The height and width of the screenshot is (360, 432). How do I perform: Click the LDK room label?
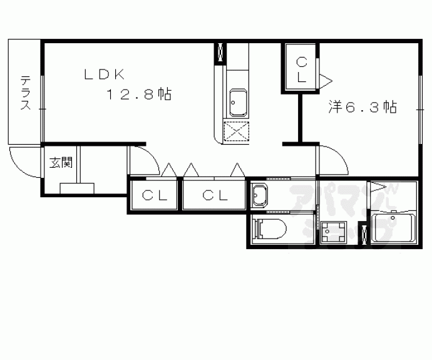(104, 75)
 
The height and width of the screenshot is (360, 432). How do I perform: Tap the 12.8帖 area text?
(139, 94)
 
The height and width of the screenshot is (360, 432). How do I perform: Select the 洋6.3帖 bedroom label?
(363, 107)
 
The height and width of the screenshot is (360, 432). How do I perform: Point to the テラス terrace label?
(25, 93)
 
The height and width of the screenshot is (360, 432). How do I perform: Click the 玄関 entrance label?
(61, 163)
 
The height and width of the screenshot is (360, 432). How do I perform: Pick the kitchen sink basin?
(238, 102)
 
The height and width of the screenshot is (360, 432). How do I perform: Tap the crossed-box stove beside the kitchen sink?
(236, 132)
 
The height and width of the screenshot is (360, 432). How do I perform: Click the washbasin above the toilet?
(260, 195)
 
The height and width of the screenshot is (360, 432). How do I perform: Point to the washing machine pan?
(333, 232)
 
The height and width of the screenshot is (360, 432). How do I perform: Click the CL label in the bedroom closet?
(302, 70)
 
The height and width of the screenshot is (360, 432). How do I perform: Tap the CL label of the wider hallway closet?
(215, 195)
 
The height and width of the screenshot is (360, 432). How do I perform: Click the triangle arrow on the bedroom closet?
(326, 81)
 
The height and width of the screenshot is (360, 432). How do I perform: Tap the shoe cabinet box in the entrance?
(77, 188)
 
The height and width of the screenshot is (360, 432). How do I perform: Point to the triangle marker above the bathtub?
(378, 187)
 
